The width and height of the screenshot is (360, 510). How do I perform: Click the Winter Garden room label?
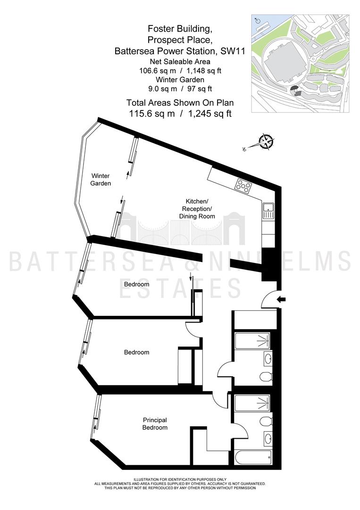click(100, 179)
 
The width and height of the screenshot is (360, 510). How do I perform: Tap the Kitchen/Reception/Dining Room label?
click(197, 209)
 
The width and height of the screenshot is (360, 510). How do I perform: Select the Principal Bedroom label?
click(155, 424)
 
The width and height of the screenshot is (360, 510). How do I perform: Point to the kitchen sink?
click(268, 211)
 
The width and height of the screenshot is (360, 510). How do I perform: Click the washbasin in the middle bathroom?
click(268, 359)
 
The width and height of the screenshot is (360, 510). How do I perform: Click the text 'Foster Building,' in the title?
click(180, 29)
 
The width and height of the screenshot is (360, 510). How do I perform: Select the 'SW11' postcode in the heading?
click(233, 51)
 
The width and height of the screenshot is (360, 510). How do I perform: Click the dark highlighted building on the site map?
click(295, 89)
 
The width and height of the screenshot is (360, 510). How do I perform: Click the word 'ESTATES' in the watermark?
click(181, 289)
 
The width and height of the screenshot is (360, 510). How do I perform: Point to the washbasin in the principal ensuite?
click(268, 438)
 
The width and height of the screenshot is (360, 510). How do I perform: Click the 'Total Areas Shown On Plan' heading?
click(180, 103)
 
